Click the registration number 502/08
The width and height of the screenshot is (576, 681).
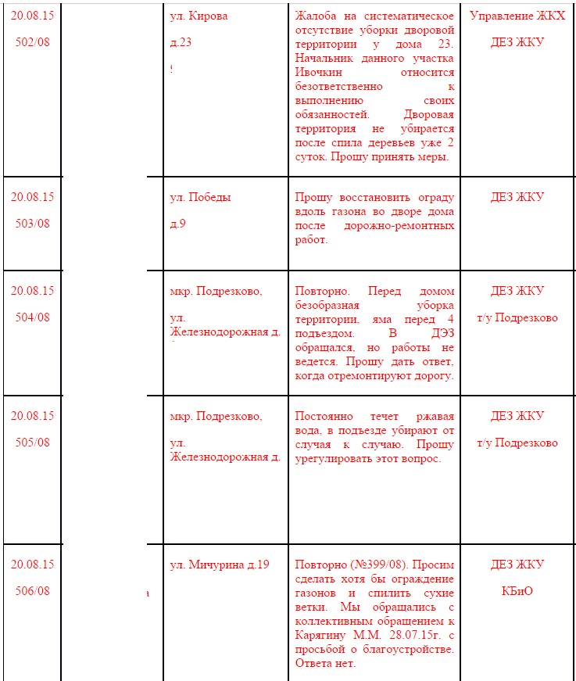(x=32, y=42)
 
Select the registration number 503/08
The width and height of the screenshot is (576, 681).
(x=32, y=223)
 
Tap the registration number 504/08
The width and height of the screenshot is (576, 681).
(x=32, y=317)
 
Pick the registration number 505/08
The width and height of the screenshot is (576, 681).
(x=32, y=442)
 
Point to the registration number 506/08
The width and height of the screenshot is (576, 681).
(x=32, y=590)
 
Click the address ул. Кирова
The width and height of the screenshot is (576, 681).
(x=199, y=16)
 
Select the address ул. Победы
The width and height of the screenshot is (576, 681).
(x=200, y=197)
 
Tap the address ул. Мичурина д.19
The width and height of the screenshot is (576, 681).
(x=219, y=565)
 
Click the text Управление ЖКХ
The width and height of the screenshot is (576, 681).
(x=517, y=16)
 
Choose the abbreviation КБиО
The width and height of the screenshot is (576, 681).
(x=517, y=590)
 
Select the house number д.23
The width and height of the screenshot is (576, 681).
(x=181, y=42)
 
